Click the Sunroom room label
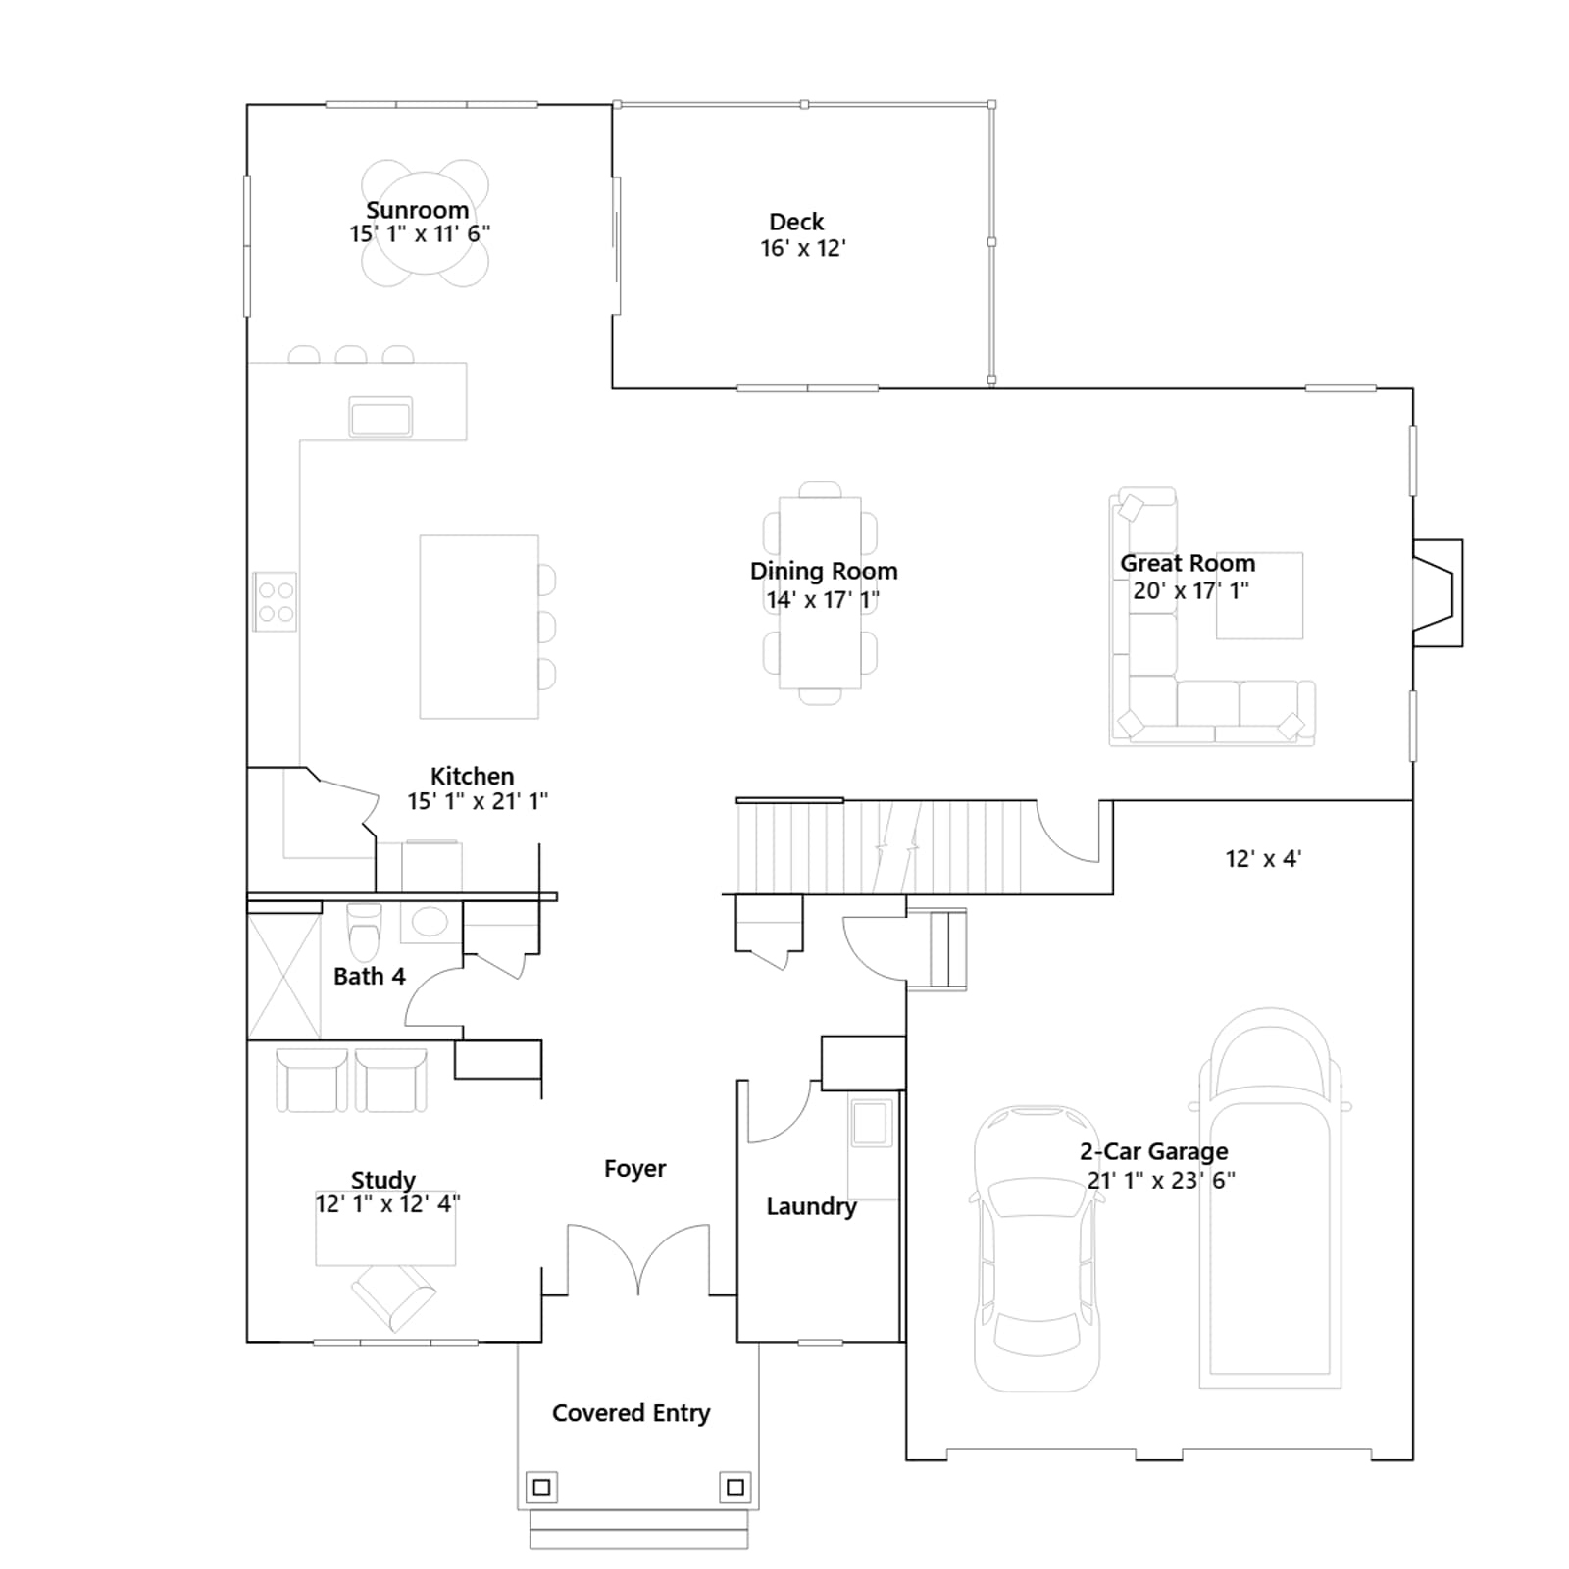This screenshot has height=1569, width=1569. pyautogui.click(x=417, y=210)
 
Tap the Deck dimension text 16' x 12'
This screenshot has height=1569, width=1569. pyautogui.click(x=803, y=248)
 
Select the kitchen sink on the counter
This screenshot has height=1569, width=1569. pyautogui.click(x=380, y=417)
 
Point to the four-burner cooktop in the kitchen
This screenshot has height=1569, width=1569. pyautogui.click(x=275, y=601)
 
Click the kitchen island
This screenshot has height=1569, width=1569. pyautogui.click(x=479, y=627)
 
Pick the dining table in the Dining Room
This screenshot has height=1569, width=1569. pyautogui.click(x=820, y=592)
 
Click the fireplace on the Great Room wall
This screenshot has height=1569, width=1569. pyautogui.click(x=1438, y=592)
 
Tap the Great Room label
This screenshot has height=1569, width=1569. pyautogui.click(x=1188, y=563)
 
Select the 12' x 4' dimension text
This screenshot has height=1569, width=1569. pyautogui.click(x=1263, y=859)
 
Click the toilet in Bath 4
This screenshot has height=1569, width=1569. pyautogui.click(x=364, y=932)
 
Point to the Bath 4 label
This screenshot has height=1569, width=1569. pyautogui.click(x=369, y=976)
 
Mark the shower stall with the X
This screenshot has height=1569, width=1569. pyautogui.click(x=283, y=976)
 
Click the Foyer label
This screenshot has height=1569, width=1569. pyautogui.click(x=634, y=1168)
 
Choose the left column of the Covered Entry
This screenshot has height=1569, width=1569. pyautogui.click(x=541, y=1488)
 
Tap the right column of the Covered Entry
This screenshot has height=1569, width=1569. pyautogui.click(x=735, y=1488)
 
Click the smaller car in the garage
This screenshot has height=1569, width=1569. pyautogui.click(x=1037, y=1248)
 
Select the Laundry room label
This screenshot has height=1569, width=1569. pyautogui.click(x=811, y=1206)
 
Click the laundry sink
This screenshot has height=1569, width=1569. pyautogui.click(x=872, y=1123)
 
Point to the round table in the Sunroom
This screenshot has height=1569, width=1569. pyautogui.click(x=425, y=224)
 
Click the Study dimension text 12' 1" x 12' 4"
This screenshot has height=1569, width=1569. pyautogui.click(x=387, y=1203)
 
